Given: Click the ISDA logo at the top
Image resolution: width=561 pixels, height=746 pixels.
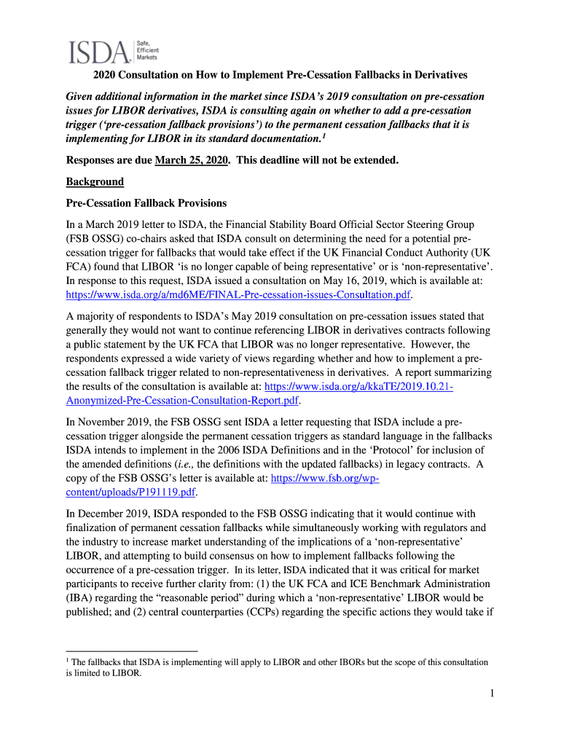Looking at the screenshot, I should tap(101, 51).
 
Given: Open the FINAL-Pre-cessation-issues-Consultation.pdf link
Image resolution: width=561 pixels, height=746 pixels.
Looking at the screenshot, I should tap(238, 295).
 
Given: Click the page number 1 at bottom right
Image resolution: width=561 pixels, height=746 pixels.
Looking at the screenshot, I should tap(492, 695).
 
